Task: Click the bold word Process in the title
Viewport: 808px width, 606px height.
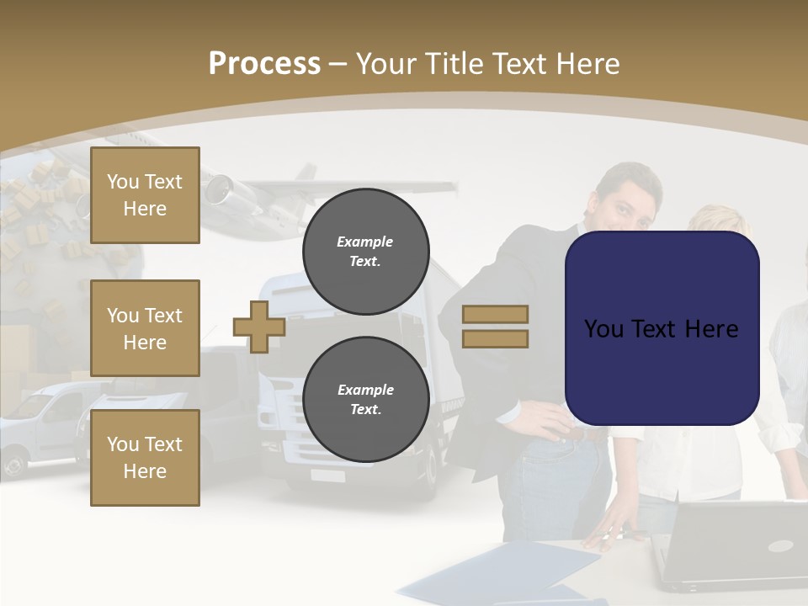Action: tap(264, 64)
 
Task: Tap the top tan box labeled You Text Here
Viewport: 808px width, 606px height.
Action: tap(145, 195)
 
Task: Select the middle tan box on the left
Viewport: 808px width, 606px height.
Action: tap(145, 328)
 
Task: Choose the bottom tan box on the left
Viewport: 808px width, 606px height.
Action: tap(145, 458)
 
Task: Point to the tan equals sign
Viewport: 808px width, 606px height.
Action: tap(495, 327)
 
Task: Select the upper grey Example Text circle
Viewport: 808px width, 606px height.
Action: tap(365, 251)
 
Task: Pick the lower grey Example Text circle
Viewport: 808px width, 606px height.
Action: tap(365, 399)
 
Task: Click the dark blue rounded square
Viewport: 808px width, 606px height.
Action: tap(662, 328)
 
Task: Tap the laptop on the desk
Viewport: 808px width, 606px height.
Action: tap(732, 547)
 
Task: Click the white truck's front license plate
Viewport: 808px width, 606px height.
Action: tap(327, 476)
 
